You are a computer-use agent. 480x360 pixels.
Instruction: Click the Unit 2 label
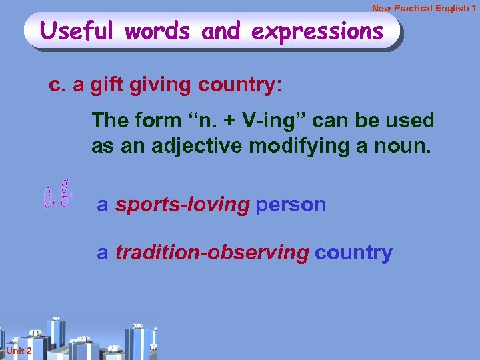[x=15, y=351]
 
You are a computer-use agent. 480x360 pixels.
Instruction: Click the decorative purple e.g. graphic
[x=57, y=194]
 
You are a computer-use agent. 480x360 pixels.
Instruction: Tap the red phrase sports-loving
[x=182, y=205]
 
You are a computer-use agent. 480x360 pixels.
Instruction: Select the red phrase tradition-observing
[x=212, y=253]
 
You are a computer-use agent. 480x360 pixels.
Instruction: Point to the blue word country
[x=353, y=253]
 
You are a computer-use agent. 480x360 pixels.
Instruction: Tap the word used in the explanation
[x=407, y=121]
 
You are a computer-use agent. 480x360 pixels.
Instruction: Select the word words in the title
[x=161, y=31]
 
